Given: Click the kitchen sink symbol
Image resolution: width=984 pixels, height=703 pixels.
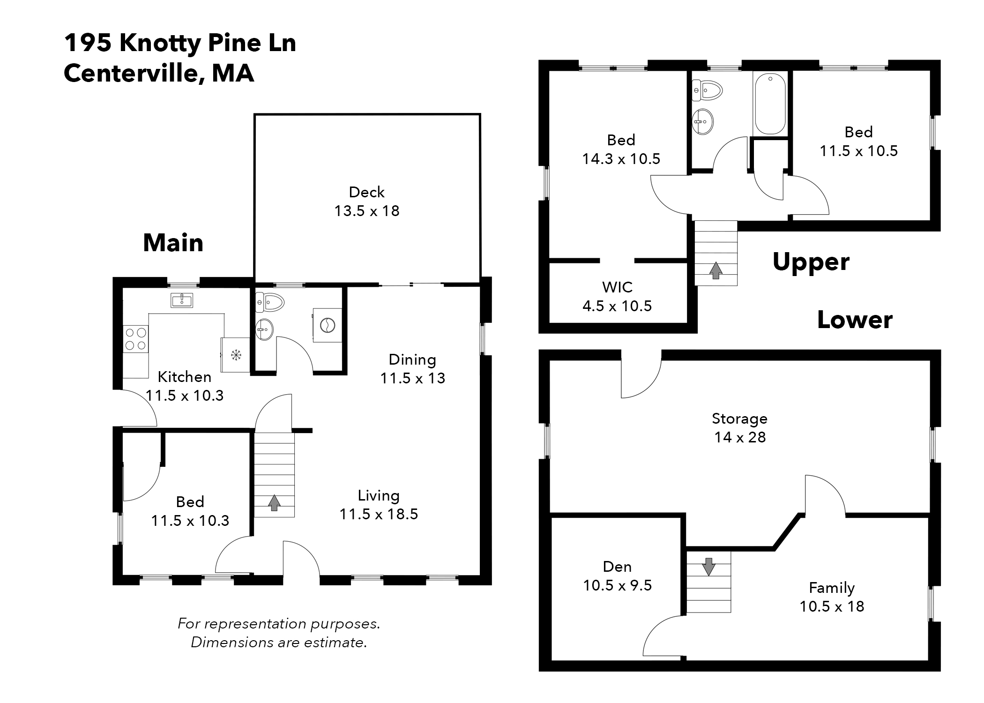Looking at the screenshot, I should pos(182,300).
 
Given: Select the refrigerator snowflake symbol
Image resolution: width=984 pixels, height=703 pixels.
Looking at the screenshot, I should pos(236,355).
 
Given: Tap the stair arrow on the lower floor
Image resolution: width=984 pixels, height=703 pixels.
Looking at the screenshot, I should pos(708,566).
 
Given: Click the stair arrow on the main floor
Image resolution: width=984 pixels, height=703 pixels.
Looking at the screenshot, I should pos(274,503).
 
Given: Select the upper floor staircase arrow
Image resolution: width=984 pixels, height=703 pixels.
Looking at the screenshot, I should pos(716,270).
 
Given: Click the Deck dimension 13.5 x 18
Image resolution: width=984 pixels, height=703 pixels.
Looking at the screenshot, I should pos(366,211).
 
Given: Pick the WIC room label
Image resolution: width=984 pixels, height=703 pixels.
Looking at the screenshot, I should pos(617,287).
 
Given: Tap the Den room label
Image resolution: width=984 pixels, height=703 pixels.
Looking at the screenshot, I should pos(617,567).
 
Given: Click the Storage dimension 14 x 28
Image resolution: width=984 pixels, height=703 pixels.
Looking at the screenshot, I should pos(739,437).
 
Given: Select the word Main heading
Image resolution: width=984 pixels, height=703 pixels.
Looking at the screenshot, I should pos(173,243).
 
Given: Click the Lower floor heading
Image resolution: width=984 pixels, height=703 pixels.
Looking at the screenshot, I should pos(854,320).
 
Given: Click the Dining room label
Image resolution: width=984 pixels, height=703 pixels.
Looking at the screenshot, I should pos(412,359).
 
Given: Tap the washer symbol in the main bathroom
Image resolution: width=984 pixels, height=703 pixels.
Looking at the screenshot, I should pos(327,324).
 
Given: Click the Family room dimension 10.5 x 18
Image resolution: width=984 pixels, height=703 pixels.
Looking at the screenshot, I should pos(831,606).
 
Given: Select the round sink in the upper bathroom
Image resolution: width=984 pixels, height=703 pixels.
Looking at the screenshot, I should pos(702,121).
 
